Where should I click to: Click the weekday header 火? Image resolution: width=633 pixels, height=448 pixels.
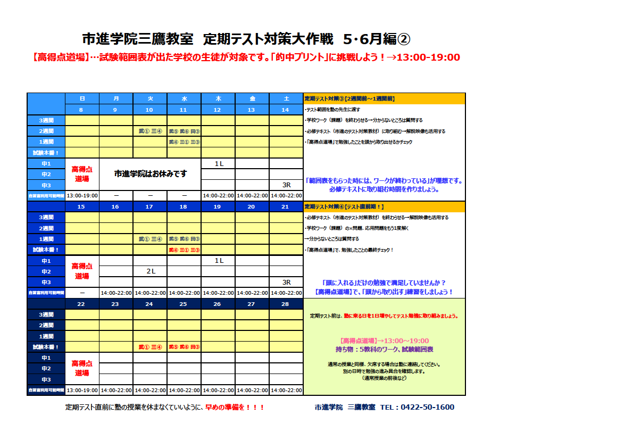tap(150, 98)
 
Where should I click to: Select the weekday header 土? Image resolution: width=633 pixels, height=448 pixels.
tap(286, 98)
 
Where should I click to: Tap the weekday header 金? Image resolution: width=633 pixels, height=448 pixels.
tap(252, 98)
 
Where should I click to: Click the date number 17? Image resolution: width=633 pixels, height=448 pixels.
tap(150, 206)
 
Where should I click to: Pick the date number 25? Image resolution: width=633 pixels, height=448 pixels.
tap(184, 304)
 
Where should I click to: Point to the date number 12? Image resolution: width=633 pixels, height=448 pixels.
tap(218, 110)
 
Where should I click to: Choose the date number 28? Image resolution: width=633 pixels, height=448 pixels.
tap(286, 304)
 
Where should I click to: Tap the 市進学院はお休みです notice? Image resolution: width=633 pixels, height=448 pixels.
tap(151, 174)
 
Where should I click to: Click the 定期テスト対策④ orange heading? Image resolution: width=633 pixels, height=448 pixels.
tap(344, 206)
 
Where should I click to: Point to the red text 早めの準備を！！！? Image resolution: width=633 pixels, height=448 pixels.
tap(235, 407)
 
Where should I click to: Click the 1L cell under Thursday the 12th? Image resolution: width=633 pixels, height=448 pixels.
tap(219, 163)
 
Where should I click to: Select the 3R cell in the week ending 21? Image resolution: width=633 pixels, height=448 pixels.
tap(286, 282)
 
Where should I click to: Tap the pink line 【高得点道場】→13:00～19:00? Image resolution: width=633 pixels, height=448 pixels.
tap(384, 341)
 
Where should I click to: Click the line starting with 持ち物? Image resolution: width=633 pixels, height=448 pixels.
tap(384, 350)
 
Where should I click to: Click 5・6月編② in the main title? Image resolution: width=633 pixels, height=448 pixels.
tap(377, 39)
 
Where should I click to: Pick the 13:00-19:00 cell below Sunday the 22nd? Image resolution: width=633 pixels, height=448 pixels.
tap(82, 390)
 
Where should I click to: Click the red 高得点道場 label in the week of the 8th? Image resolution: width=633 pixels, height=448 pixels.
tap(82, 174)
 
